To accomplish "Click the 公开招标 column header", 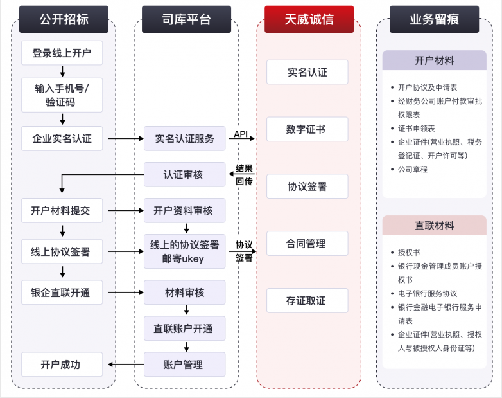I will (x=62, y=19).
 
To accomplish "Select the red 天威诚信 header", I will (x=309, y=19).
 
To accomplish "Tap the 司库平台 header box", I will (x=186, y=19).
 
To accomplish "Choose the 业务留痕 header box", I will (x=434, y=19).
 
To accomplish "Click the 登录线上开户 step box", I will (x=62, y=53).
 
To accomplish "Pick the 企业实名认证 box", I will (x=62, y=138).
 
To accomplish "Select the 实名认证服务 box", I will (x=185, y=138).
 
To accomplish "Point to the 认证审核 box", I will (x=185, y=174).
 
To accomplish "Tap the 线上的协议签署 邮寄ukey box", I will (x=185, y=251).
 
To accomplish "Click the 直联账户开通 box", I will (x=185, y=329).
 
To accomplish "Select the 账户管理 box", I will (x=185, y=365).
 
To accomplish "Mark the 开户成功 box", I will (x=62, y=365).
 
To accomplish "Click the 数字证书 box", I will (x=307, y=129).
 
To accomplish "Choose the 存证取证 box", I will (x=307, y=300).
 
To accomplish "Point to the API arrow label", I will (x=241, y=134).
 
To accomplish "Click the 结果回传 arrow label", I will (x=244, y=175).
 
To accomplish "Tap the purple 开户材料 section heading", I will (x=434, y=60).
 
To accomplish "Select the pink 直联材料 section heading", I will (x=434, y=226).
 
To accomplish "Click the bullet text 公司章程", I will (x=412, y=169).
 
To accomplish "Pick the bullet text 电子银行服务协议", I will (x=428, y=293).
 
